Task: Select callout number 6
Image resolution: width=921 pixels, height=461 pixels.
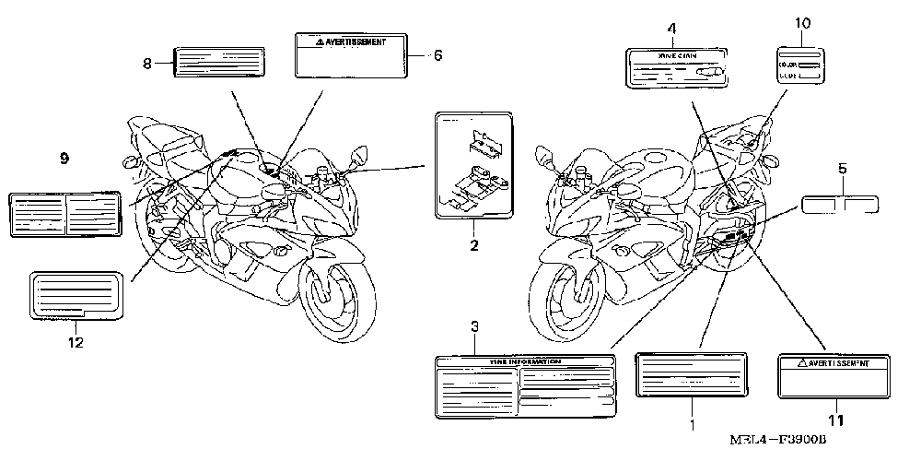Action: pos(437,55)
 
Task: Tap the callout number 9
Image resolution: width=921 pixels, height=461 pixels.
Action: pos(64,160)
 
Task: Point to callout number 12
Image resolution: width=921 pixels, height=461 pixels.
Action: pos(76,343)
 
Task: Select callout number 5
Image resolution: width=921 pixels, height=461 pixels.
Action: pos(842,170)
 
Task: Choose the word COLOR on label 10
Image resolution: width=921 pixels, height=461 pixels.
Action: pos(787,65)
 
